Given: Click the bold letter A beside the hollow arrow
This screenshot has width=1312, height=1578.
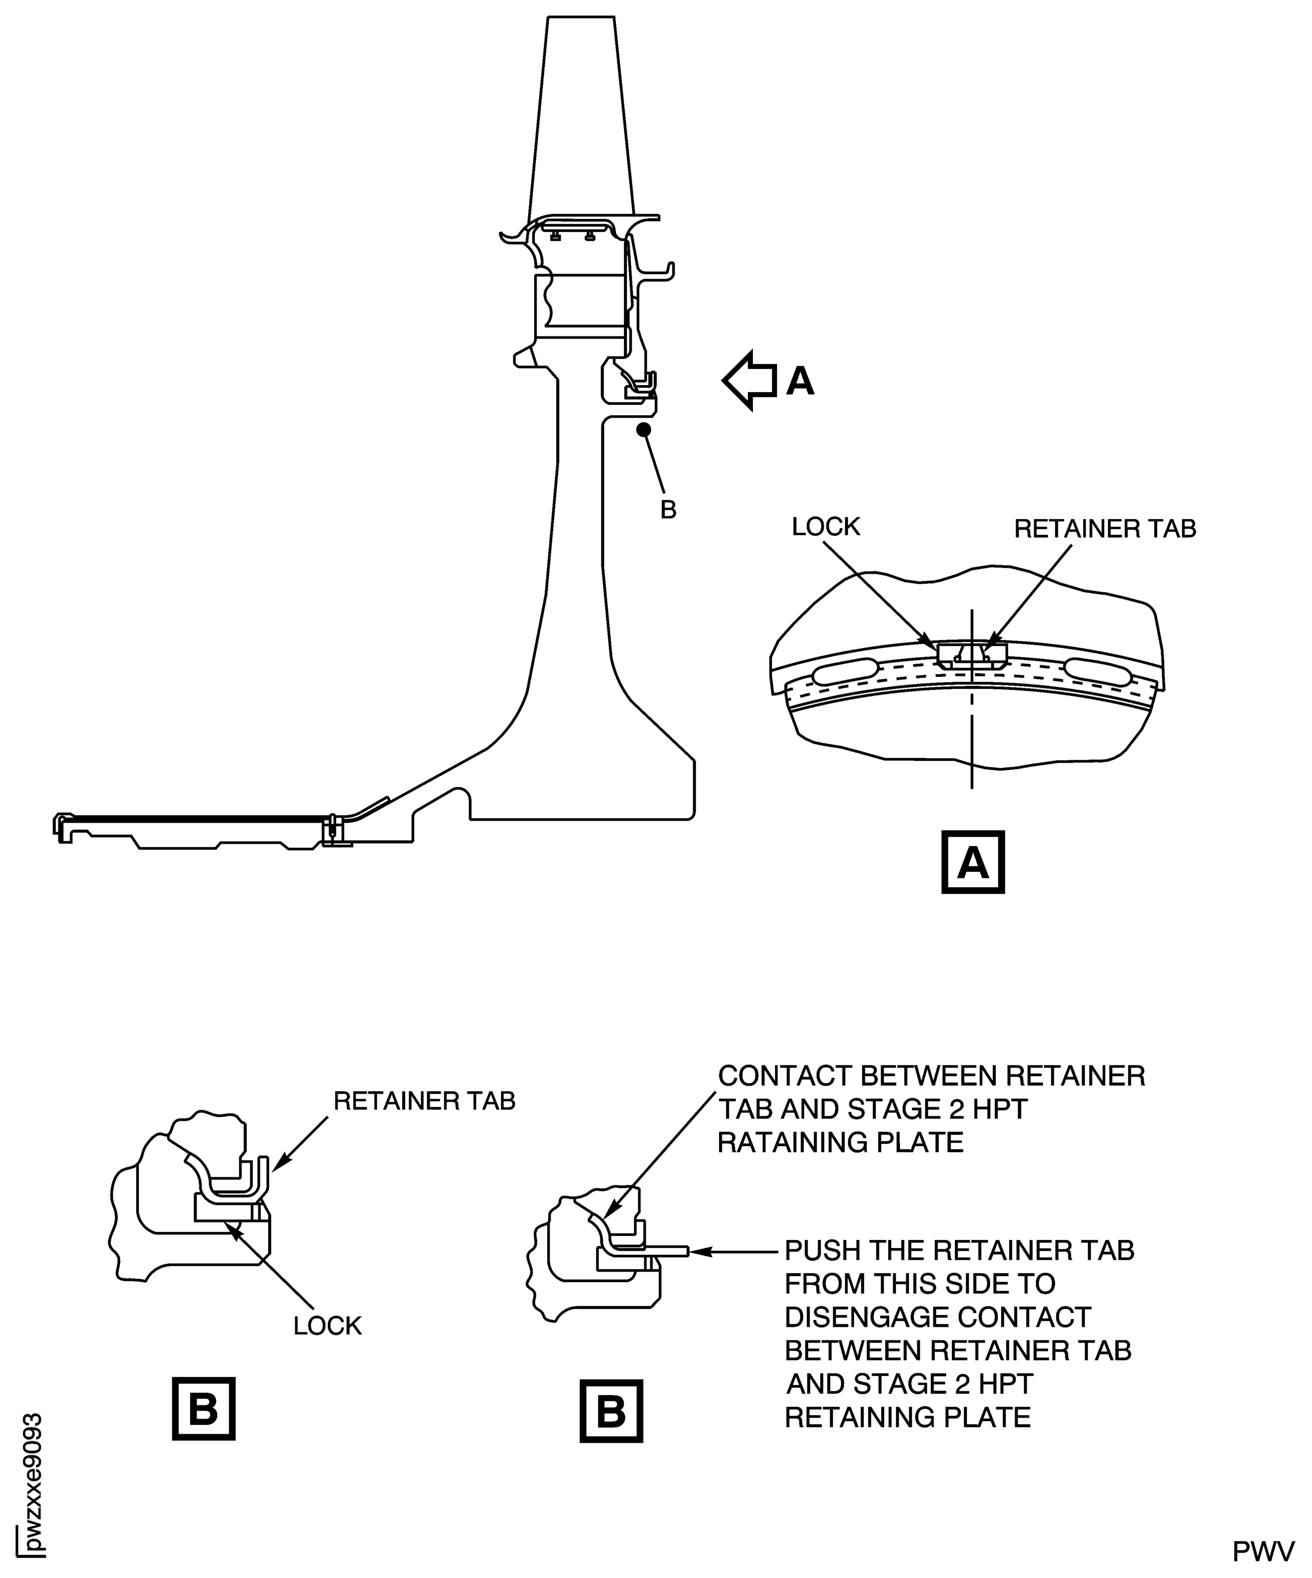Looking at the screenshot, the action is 800,381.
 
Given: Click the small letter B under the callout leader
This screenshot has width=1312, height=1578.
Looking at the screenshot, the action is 668,510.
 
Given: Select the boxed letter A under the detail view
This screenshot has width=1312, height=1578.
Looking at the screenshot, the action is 973,862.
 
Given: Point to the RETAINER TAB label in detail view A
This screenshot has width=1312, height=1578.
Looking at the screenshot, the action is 1105,529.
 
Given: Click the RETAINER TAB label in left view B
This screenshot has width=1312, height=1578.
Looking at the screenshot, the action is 424,1101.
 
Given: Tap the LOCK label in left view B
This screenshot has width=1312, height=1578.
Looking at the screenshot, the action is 328,1326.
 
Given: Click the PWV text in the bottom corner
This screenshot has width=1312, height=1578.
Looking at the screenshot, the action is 1264,1551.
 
